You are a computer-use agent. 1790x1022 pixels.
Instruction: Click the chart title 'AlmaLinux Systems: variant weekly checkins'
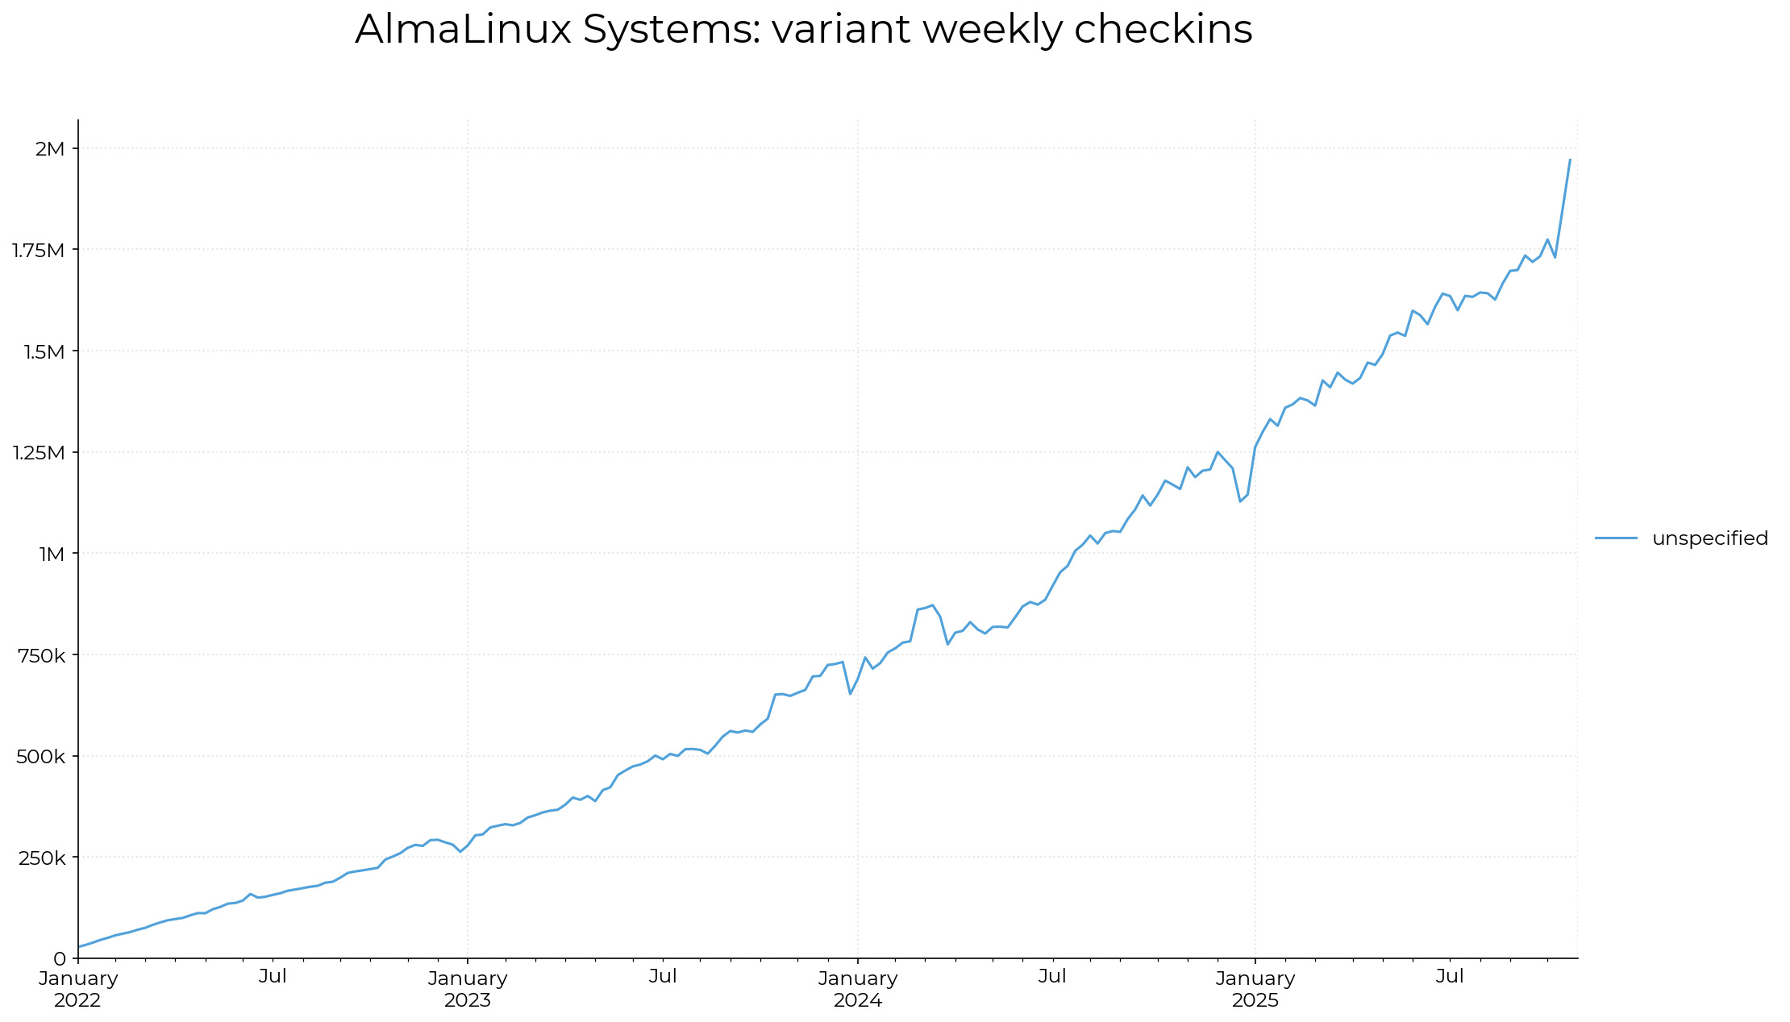click(803, 30)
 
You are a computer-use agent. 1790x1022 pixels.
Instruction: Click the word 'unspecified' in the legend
click(1709, 538)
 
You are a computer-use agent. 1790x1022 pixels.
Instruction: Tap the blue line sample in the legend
click(1616, 538)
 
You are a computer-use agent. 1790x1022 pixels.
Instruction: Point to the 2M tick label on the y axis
click(50, 148)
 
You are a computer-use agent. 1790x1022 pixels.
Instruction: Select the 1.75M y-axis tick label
click(38, 250)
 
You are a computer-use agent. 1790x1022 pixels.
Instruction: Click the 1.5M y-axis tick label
click(43, 351)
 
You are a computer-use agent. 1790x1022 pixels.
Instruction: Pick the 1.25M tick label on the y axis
click(38, 452)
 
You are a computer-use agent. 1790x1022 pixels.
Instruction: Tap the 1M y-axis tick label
click(52, 554)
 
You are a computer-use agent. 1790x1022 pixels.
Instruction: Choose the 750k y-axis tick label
click(42, 655)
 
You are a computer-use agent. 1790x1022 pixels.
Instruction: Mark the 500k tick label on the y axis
click(41, 756)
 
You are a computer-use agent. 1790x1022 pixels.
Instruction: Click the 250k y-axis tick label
click(42, 858)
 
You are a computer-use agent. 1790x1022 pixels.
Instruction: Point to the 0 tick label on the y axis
click(60, 958)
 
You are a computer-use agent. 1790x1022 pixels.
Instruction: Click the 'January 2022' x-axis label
click(78, 990)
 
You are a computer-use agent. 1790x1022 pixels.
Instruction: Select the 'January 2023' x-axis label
click(468, 990)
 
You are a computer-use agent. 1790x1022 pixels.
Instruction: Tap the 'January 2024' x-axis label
click(858, 990)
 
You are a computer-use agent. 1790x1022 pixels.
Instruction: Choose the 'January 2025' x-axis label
click(1255, 990)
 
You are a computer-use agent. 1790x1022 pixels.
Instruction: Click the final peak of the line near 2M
click(1570, 160)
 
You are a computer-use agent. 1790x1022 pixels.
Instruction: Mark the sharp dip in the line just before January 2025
click(1240, 501)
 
